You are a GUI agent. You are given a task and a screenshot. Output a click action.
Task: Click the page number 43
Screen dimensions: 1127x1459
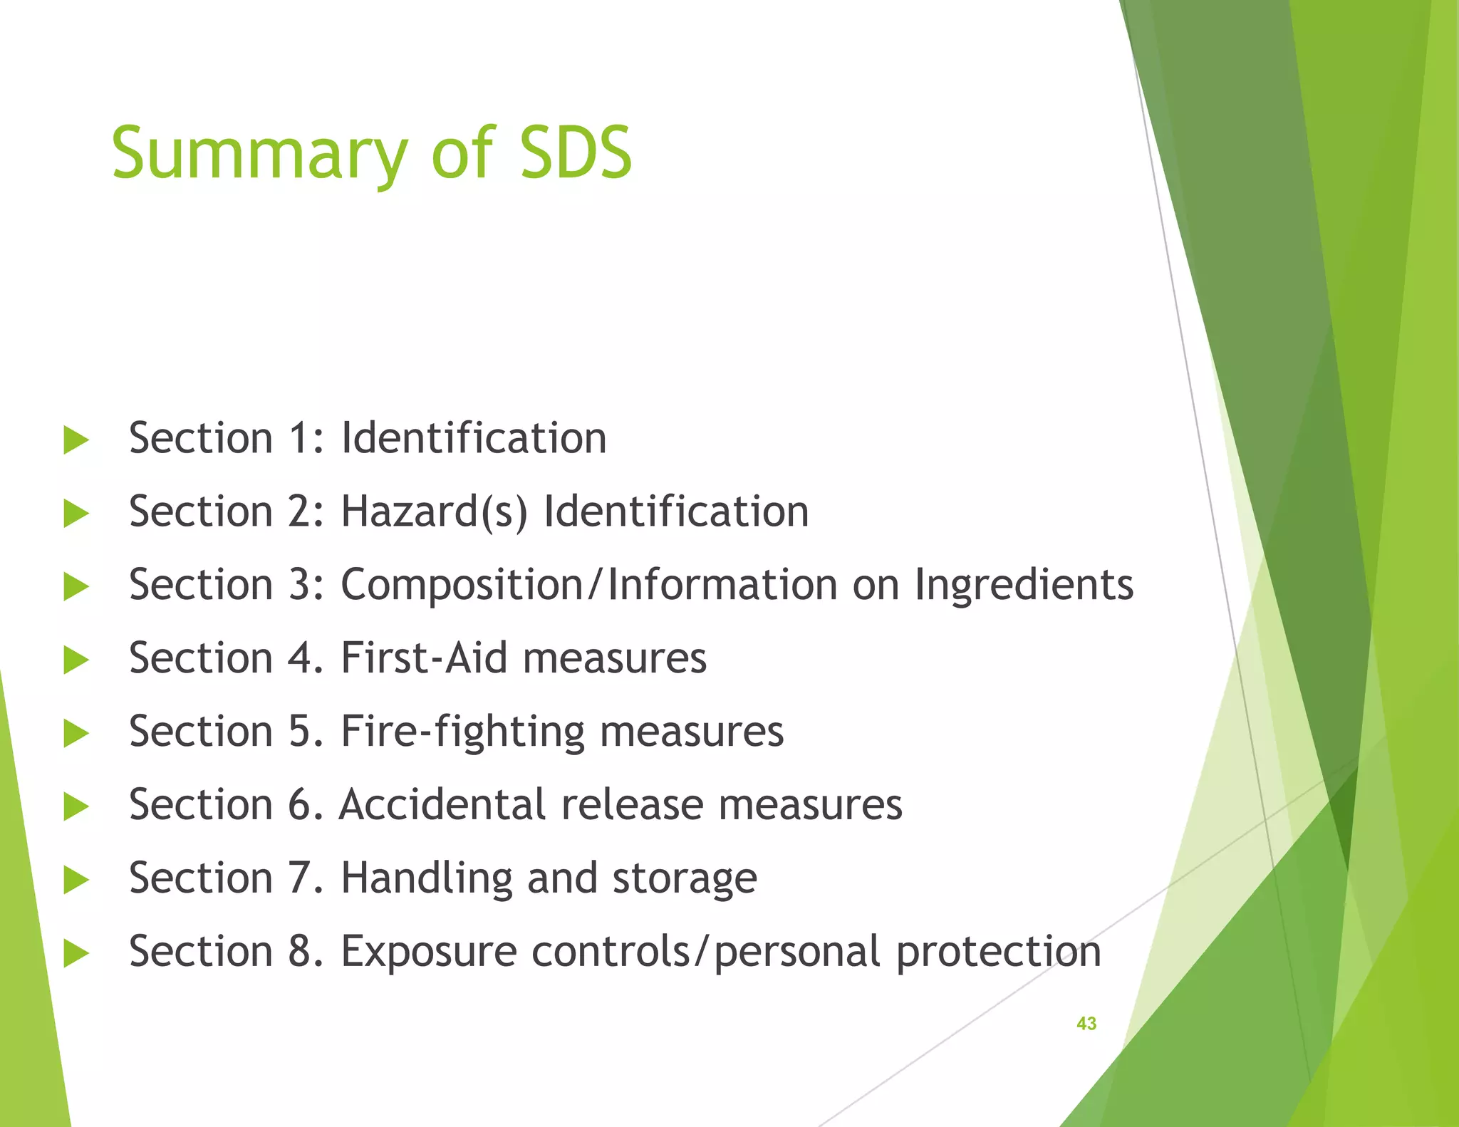coord(1086,1023)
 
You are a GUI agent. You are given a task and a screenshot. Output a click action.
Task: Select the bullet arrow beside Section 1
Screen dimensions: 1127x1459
coord(76,440)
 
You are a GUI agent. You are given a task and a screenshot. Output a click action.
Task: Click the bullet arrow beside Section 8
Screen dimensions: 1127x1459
coord(76,953)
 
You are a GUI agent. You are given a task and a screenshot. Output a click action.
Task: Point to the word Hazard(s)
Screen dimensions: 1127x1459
coord(434,512)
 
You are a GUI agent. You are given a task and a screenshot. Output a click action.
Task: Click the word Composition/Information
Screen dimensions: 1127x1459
coord(588,586)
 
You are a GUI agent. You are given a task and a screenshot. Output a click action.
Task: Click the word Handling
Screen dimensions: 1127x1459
coord(426,879)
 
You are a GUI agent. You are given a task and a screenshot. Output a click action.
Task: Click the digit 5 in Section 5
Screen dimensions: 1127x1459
coord(300,732)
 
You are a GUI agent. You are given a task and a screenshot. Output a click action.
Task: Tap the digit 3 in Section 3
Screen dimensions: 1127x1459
coord(300,586)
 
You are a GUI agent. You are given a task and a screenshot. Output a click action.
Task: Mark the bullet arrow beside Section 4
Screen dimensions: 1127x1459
coord(76,660)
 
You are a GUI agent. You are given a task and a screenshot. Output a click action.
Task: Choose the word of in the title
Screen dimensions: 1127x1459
coord(462,153)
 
